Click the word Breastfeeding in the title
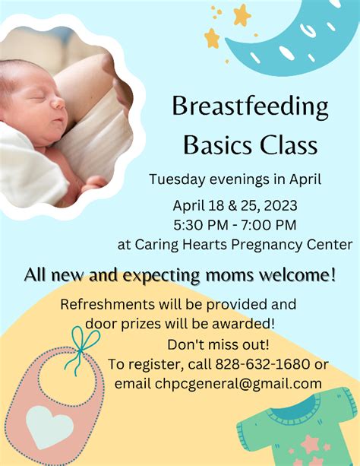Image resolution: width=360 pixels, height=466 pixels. coord(250,106)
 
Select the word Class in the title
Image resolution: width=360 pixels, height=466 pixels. coord(289,143)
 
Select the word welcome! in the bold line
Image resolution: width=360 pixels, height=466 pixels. coord(296,274)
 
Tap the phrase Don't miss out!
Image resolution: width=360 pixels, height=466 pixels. coord(218,344)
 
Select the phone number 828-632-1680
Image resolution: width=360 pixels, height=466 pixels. coord(264,364)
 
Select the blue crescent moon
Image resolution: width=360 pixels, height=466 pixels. coord(300,42)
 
